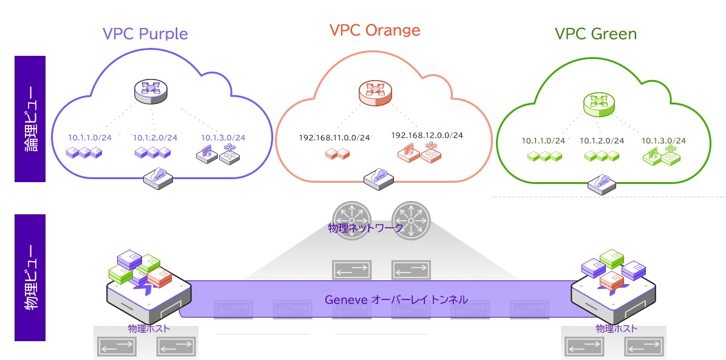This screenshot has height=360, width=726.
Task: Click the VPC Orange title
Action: coord(375,30)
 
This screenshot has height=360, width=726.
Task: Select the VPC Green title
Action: coord(595,33)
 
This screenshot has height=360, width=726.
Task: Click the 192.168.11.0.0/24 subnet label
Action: coord(334,138)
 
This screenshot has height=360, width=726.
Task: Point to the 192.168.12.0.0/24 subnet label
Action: coord(427,135)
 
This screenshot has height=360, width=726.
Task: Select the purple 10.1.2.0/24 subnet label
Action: coord(155,137)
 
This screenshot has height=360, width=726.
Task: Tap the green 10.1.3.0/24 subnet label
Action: coord(663,141)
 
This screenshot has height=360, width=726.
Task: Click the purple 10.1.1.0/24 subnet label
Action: coord(90,137)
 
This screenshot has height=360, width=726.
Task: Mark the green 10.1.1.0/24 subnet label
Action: coord(543,141)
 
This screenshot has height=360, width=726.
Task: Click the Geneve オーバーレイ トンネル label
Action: coord(396,299)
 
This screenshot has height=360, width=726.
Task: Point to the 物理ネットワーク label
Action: coord(365,228)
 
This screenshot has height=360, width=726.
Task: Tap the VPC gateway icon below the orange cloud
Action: coord(376,177)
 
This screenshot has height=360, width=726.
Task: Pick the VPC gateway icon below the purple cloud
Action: coord(157,175)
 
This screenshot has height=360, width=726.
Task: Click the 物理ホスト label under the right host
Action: coord(616,328)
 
